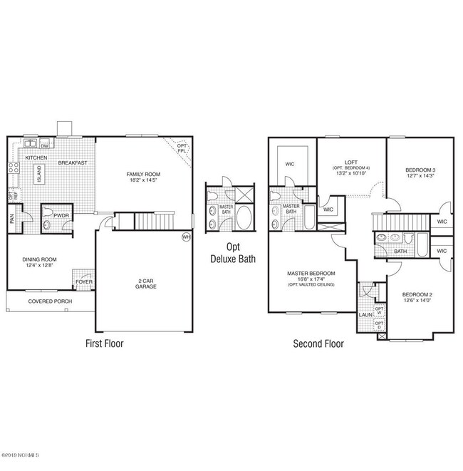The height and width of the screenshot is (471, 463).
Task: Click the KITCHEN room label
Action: (36, 157)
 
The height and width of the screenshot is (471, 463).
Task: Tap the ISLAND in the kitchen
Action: (38, 173)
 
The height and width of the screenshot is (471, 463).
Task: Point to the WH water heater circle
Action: (187, 237)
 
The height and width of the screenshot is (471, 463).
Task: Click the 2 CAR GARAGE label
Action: (146, 284)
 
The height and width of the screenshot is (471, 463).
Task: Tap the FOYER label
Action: (83, 282)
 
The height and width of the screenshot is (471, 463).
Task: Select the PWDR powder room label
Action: (60, 213)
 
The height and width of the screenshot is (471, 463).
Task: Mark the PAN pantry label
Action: (12, 219)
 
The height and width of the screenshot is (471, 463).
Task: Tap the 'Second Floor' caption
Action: (318, 343)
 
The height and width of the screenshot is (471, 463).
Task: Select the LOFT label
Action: (350, 162)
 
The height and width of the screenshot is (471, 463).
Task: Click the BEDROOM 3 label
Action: (420, 170)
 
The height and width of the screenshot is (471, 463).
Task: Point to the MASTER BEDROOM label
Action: (311, 273)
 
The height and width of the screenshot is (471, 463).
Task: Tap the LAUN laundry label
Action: (365, 314)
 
